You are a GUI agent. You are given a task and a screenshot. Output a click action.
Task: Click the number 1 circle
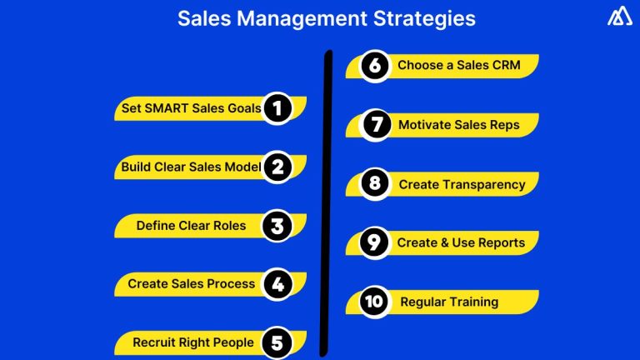tap(277, 108)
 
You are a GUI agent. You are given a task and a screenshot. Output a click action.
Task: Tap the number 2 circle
tap(277, 167)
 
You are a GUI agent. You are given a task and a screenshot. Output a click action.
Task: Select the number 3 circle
tap(277, 225)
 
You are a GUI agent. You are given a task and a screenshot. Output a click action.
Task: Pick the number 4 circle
tap(277, 284)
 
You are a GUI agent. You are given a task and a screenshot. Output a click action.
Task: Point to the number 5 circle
tap(277, 342)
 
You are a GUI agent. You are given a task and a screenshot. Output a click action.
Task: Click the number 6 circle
tap(375, 65)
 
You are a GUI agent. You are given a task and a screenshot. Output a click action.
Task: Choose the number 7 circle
tap(375, 125)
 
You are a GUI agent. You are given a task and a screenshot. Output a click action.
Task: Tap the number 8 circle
tap(375, 184)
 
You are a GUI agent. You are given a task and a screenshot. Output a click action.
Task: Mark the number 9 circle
tap(375, 242)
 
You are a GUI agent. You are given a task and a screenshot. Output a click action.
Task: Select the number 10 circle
tap(375, 302)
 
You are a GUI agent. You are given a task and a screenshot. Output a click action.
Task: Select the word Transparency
tap(483, 184)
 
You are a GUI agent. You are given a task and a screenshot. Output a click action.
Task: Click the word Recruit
tap(154, 342)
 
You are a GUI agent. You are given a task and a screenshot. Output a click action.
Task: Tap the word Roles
tap(229, 225)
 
